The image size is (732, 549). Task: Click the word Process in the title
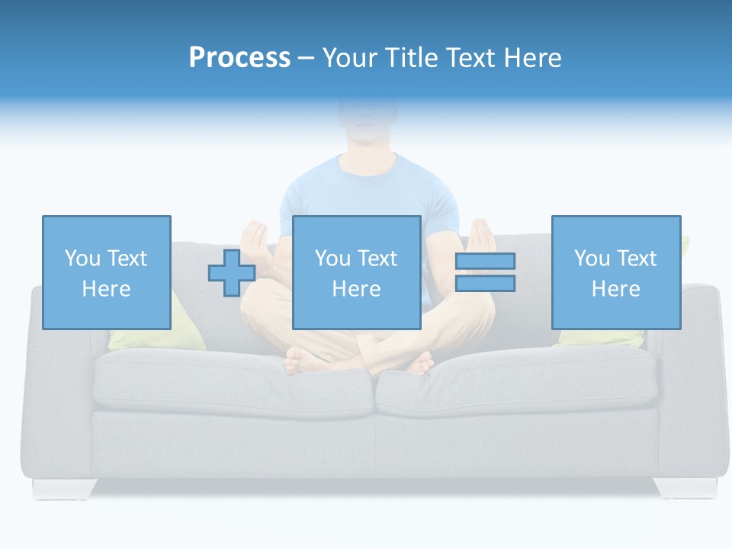pyautogui.click(x=239, y=58)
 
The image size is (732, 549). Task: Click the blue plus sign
pyautogui.click(x=232, y=273)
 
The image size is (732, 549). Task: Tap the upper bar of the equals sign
pyautogui.click(x=485, y=262)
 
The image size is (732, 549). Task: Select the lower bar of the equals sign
pyautogui.click(x=485, y=284)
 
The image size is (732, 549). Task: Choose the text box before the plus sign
pyautogui.click(x=106, y=272)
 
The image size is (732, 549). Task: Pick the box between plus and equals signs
pyautogui.click(x=356, y=272)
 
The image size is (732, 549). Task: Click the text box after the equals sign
pyautogui.click(x=615, y=272)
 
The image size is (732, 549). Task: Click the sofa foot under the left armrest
pyautogui.click(x=64, y=488)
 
